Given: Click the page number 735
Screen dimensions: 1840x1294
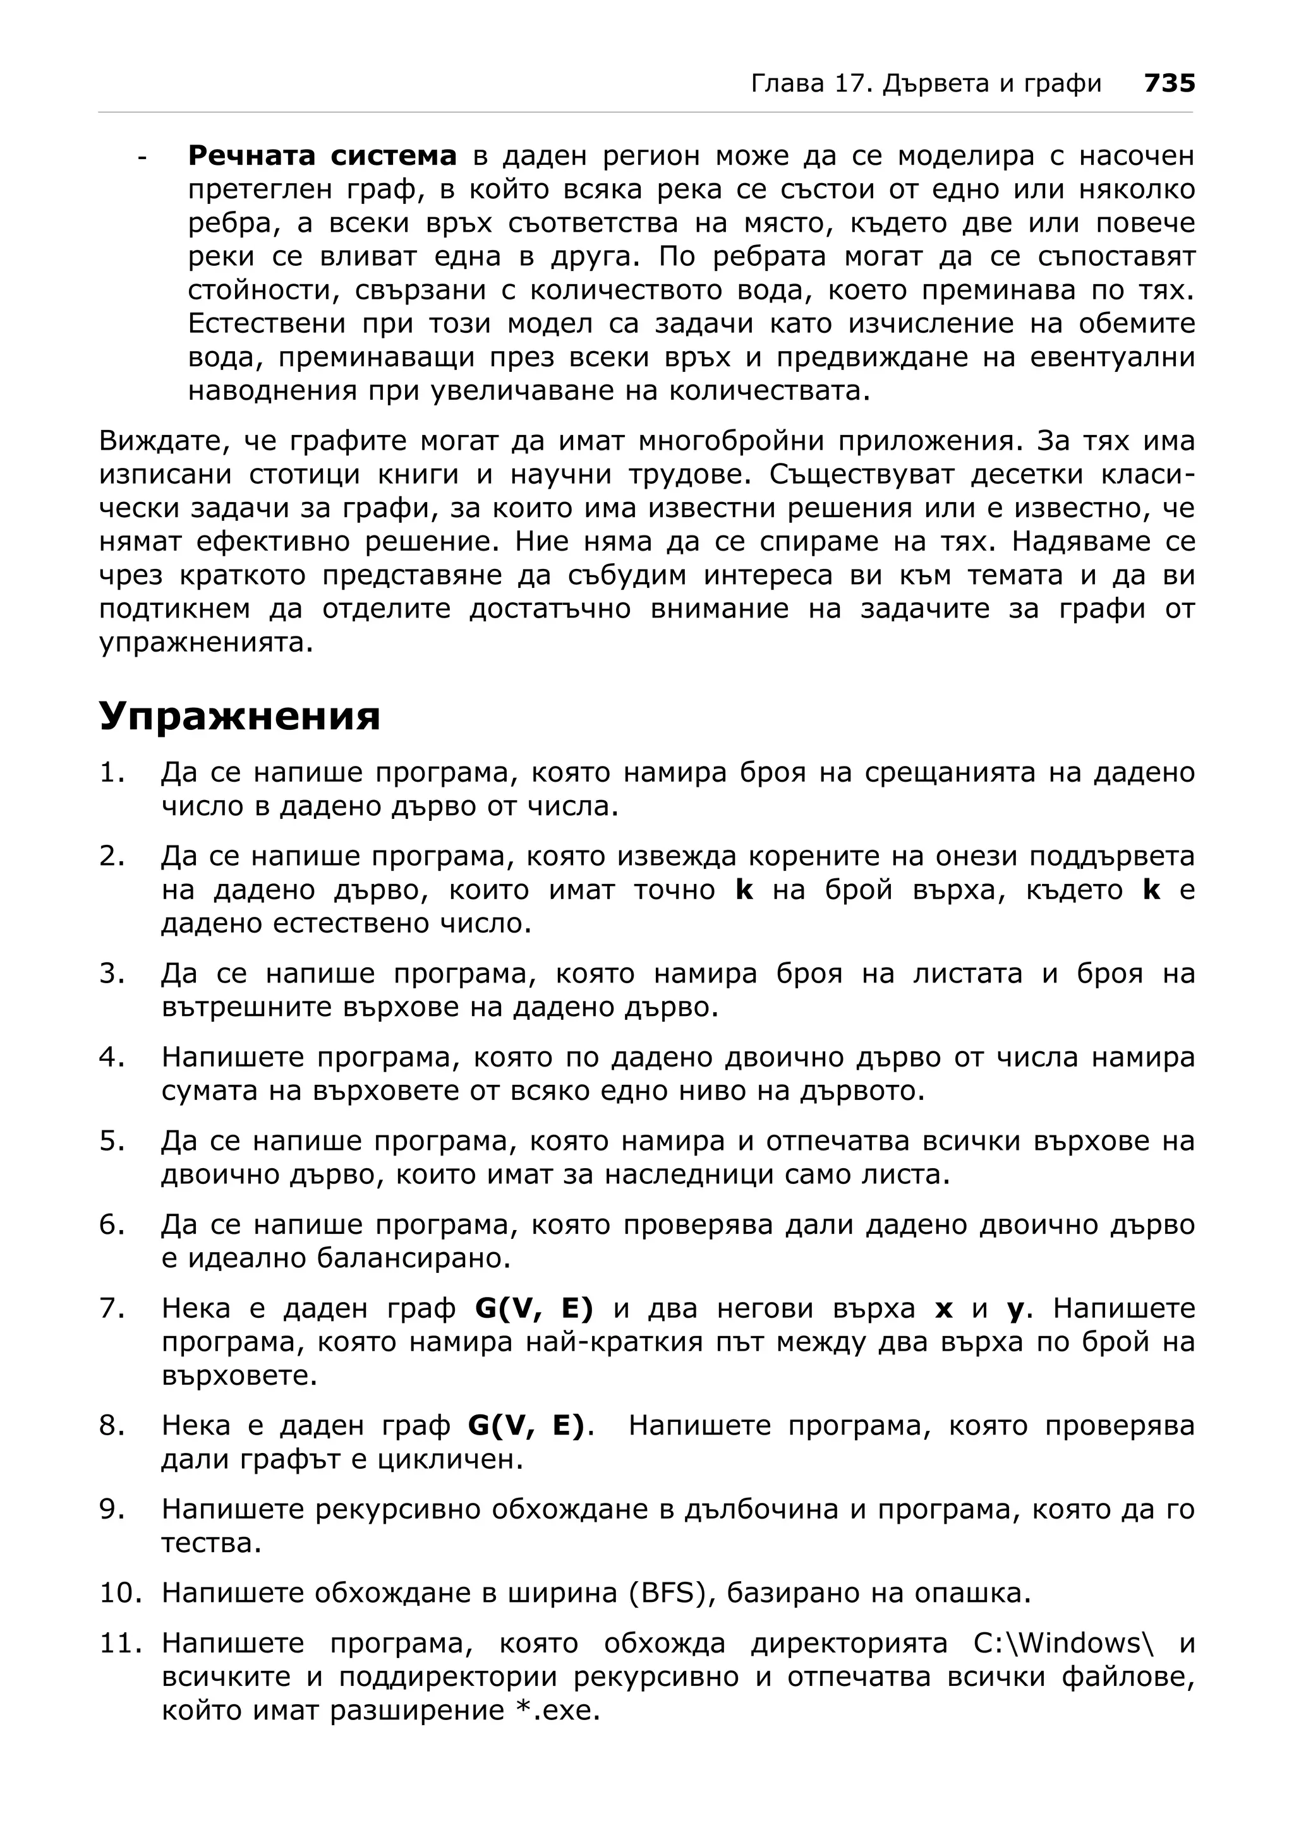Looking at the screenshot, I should coord(1169,83).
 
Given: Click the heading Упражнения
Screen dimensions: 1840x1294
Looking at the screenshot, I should coord(239,715).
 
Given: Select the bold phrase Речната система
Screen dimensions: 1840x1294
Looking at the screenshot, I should coord(322,155).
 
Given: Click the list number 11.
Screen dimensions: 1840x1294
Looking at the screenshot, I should coord(120,1644).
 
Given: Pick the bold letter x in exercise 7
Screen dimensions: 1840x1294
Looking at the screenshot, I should coord(943,1309).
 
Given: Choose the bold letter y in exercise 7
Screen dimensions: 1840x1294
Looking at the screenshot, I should coord(1015,1310).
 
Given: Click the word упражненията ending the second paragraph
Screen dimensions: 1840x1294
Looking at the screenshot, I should coord(205,643).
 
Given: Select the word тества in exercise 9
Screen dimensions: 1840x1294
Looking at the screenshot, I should coord(211,1543).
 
